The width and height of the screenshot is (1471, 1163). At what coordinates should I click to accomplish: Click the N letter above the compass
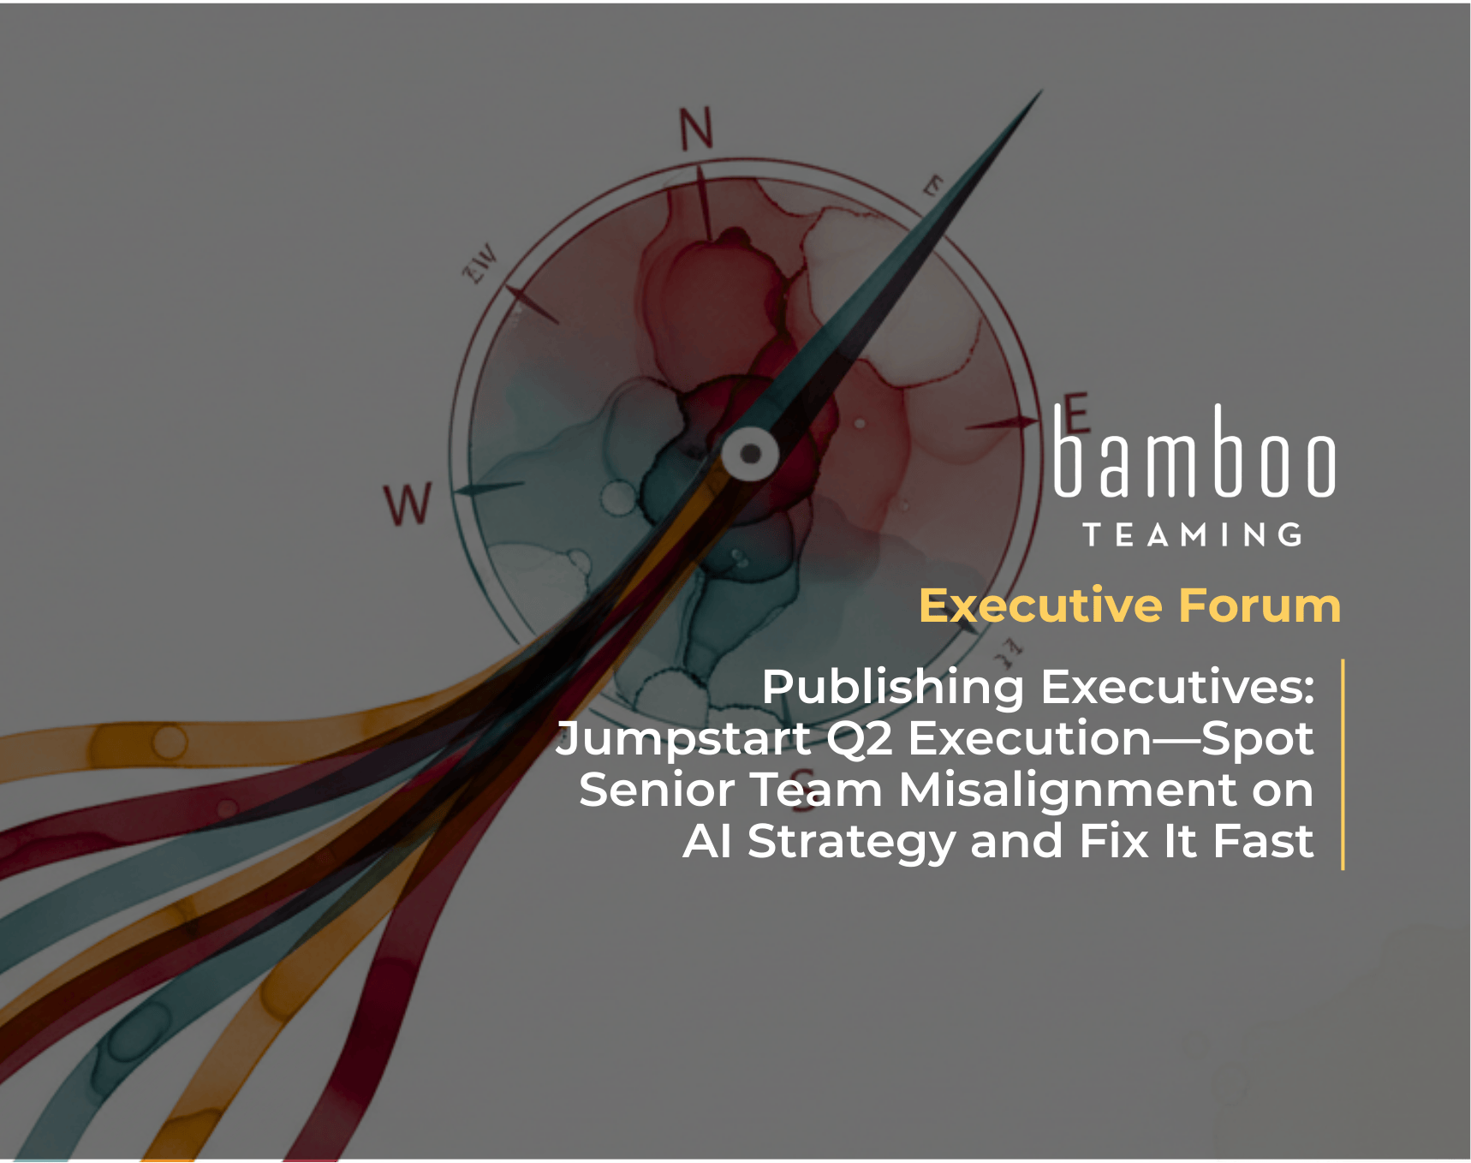(x=696, y=129)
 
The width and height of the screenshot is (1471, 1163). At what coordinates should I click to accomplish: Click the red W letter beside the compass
(x=408, y=504)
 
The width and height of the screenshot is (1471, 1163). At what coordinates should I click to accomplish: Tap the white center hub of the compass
(x=750, y=453)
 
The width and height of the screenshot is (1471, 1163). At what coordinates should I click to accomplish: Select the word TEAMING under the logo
(x=1193, y=535)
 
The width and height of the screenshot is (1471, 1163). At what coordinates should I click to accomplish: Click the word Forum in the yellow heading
(x=1260, y=605)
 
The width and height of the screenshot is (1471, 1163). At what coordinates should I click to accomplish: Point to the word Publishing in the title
(x=892, y=687)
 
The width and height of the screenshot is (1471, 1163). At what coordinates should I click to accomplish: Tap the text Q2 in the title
(x=859, y=738)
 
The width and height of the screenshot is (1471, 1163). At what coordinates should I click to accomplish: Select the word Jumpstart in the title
(x=683, y=738)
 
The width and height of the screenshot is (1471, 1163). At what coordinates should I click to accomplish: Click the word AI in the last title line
(x=707, y=841)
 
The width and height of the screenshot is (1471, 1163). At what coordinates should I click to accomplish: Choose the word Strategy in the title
(x=851, y=841)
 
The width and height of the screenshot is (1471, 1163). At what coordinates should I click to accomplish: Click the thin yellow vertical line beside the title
(x=1343, y=764)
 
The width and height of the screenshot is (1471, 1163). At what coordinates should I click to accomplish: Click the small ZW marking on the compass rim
(x=479, y=264)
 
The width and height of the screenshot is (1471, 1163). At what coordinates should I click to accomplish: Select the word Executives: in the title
(x=1177, y=687)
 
